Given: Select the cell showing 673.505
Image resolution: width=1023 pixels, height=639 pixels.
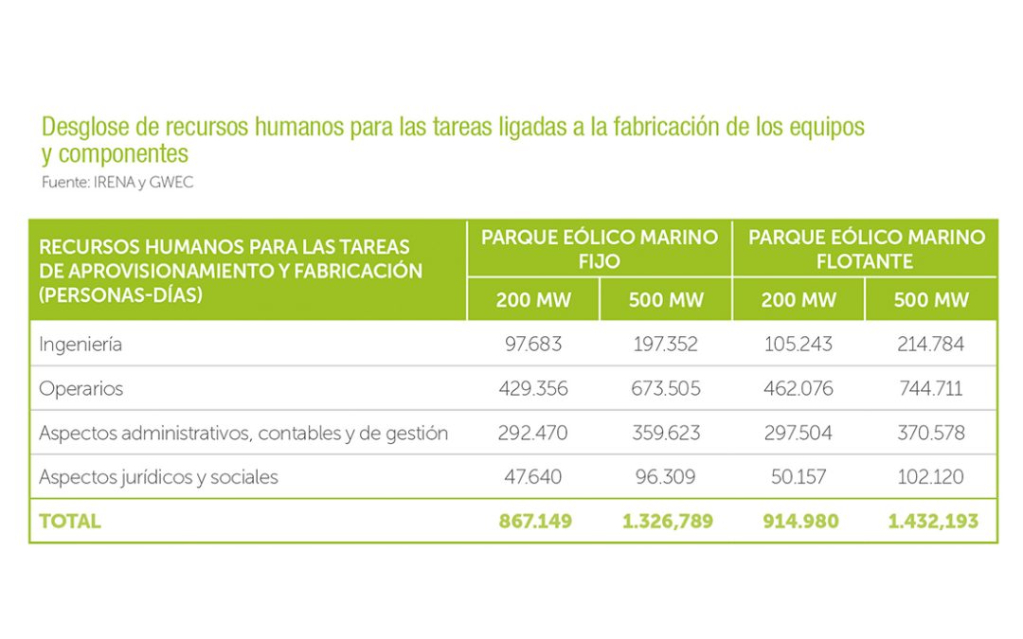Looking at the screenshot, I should (x=665, y=389).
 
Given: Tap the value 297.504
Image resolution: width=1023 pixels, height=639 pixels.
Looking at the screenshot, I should (x=798, y=434).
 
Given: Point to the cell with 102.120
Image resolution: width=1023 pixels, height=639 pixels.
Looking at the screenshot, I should (x=930, y=477).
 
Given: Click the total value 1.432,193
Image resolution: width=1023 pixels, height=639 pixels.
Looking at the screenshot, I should (x=933, y=522).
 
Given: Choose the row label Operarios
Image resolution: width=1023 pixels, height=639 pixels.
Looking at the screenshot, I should (x=81, y=389).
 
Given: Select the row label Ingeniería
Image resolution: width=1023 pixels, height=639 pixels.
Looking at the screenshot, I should (x=81, y=345).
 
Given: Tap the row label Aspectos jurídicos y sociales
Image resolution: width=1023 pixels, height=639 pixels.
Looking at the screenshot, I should (x=158, y=477).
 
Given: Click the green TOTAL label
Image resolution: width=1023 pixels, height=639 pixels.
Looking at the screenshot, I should (x=69, y=522).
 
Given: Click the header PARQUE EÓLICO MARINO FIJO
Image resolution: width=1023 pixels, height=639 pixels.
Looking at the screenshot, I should (x=600, y=249).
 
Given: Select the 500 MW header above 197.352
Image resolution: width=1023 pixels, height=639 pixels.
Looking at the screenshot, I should (x=666, y=300).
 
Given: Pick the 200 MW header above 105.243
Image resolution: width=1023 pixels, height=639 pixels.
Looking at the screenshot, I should (x=799, y=300).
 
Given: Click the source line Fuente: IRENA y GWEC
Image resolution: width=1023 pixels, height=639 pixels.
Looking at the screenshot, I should (x=117, y=183).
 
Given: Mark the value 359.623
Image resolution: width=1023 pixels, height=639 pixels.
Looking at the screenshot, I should (x=666, y=434).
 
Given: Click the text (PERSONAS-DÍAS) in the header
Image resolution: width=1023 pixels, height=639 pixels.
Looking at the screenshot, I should (x=121, y=293).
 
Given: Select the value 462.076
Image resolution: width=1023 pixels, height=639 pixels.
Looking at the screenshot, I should (x=798, y=389).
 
